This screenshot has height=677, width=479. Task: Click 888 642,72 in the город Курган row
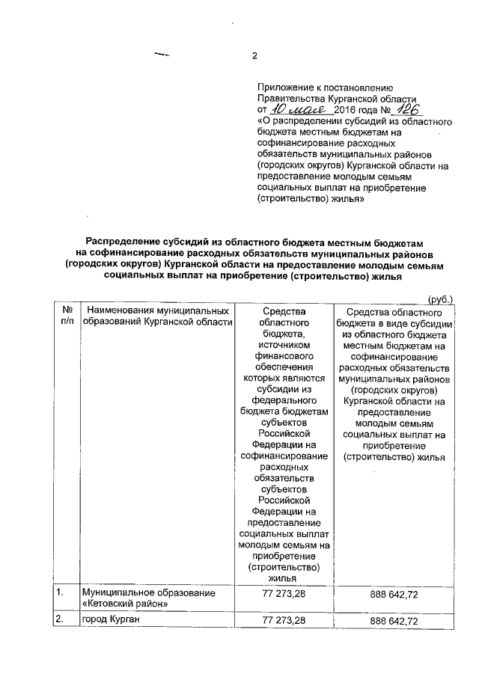(x=394, y=622)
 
